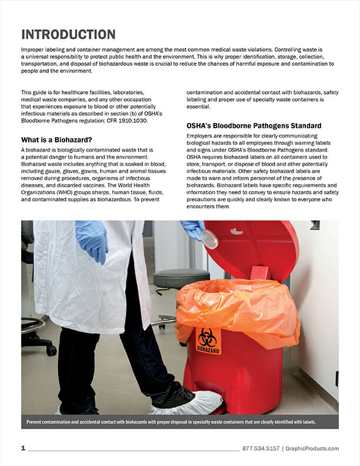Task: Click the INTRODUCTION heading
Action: click(x=68, y=34)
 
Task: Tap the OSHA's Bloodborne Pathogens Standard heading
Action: click(x=254, y=126)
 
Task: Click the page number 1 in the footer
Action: click(x=23, y=448)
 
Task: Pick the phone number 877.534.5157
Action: click(x=260, y=449)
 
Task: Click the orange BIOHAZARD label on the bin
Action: click(x=208, y=341)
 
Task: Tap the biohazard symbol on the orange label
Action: click(x=208, y=337)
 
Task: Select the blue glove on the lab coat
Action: click(x=92, y=240)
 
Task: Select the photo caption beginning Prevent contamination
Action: click(x=179, y=421)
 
